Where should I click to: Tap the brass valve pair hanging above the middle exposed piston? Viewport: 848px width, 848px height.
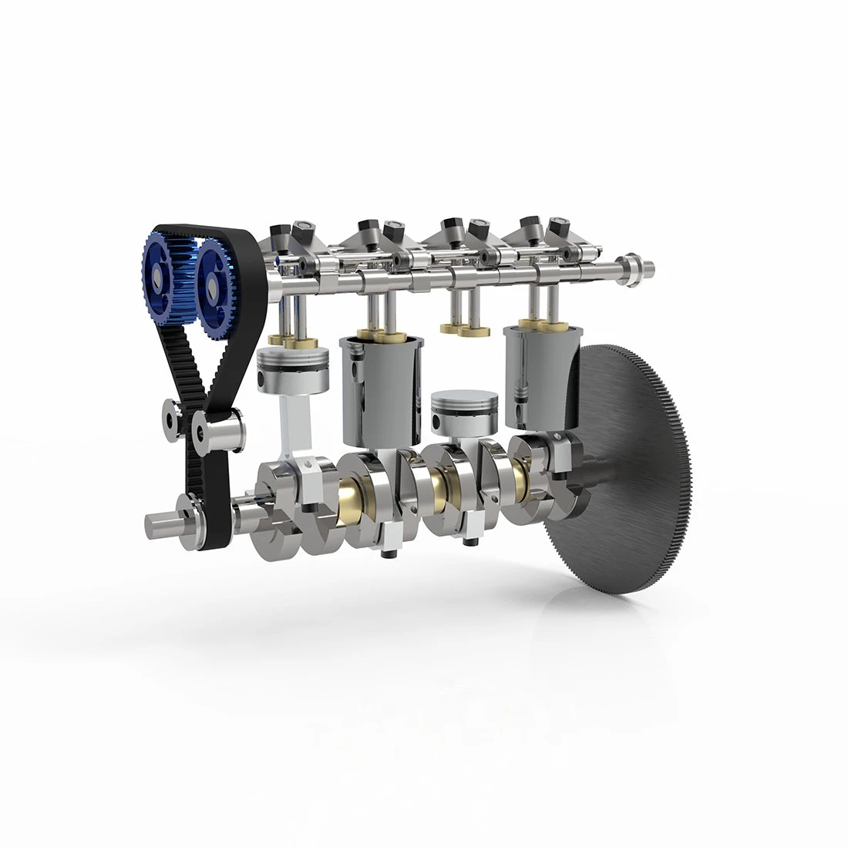pyautogui.click(x=465, y=329)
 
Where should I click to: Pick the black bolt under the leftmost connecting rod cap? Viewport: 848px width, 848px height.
pyautogui.click(x=307, y=508)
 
